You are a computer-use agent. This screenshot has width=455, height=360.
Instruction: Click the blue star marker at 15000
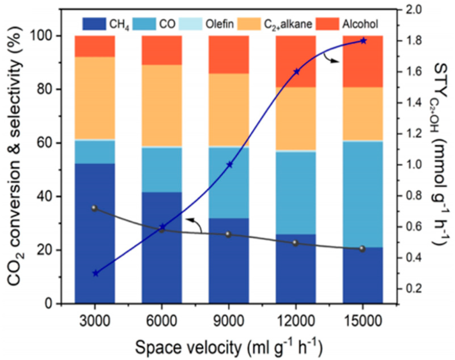click(363, 41)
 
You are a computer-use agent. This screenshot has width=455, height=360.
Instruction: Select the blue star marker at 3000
click(95, 274)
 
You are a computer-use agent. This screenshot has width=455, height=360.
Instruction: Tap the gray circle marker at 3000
click(95, 208)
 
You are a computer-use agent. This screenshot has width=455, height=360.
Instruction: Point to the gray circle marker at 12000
click(296, 243)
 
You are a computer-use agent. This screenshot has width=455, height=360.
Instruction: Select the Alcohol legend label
click(360, 24)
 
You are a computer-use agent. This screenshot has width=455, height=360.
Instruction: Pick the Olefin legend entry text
click(220, 24)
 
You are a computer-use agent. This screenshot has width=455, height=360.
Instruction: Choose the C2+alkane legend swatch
click(249, 24)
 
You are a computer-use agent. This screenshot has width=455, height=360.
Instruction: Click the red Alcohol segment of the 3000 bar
click(95, 46)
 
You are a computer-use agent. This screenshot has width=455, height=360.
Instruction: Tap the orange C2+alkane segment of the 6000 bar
click(162, 106)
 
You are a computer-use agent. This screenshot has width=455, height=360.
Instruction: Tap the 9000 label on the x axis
click(229, 321)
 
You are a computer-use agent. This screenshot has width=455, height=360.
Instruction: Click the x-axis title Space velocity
click(228, 347)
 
